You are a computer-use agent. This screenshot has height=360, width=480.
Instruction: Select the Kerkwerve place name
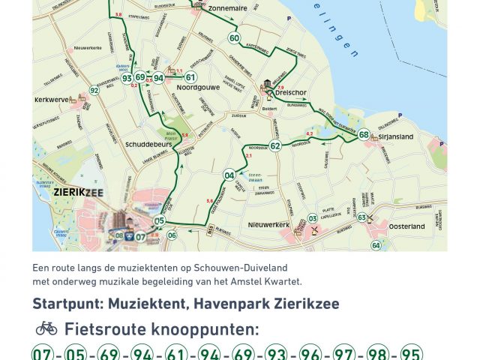coord(51,99)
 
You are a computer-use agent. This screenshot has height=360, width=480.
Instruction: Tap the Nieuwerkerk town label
coord(270,224)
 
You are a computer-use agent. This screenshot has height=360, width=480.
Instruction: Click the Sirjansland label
coord(396,138)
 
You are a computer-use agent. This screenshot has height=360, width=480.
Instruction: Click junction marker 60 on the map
coord(235,38)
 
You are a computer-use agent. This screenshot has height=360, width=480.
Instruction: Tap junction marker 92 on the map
coord(94,90)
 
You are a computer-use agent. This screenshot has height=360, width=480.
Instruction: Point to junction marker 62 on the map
coord(275,145)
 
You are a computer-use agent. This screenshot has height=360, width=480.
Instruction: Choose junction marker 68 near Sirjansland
coord(364,135)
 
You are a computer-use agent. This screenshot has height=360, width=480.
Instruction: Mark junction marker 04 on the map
coord(229,175)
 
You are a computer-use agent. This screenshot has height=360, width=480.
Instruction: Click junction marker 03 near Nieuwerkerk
coord(313,218)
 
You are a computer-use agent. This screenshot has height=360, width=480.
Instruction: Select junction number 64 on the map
coord(376,245)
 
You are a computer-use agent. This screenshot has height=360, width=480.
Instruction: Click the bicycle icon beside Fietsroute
coord(46,328)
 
